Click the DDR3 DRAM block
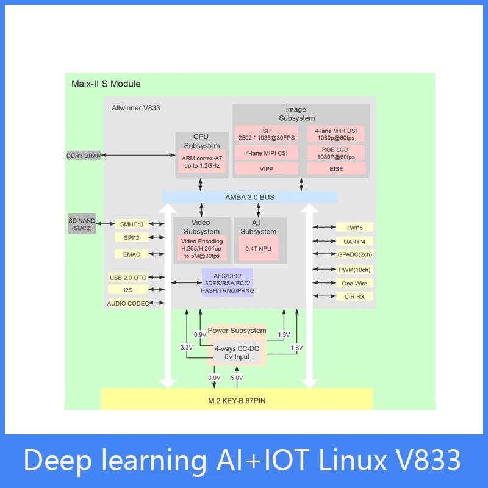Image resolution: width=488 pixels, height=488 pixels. point(84,156)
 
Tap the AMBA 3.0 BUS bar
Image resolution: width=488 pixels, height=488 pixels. point(249,197)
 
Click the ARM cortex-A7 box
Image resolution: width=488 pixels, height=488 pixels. point(202,162)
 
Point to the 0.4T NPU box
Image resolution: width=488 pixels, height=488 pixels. point(258,248)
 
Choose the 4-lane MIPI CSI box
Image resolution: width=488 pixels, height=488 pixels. point(267,152)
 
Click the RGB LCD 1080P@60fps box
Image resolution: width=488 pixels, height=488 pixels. point(336,152)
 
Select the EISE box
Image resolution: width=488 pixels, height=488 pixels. point(336,168)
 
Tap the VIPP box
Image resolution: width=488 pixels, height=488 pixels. point(267,168)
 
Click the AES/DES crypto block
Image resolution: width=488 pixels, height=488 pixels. point(227,283)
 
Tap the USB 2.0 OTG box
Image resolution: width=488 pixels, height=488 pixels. point(127,277)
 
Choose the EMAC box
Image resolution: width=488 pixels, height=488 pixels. point(131,254)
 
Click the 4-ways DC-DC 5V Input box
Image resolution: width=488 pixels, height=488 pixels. point(237,353)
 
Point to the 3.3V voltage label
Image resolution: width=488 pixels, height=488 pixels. point(186,347)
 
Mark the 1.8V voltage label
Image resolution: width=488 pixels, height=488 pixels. point(296,347)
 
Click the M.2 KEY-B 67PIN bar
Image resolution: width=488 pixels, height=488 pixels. point(236,400)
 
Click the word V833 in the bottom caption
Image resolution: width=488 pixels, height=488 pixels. point(427,461)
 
